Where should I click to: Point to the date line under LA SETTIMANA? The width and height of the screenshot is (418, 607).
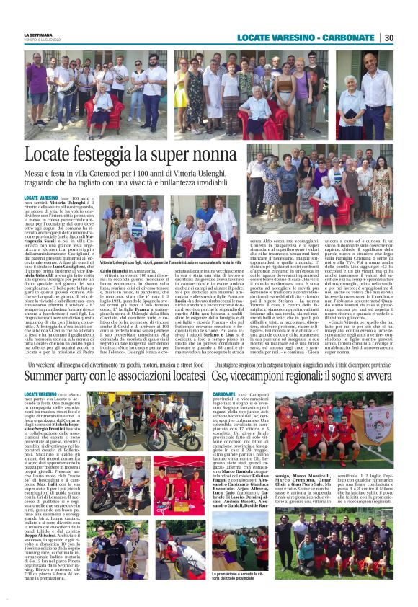(43, 40)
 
